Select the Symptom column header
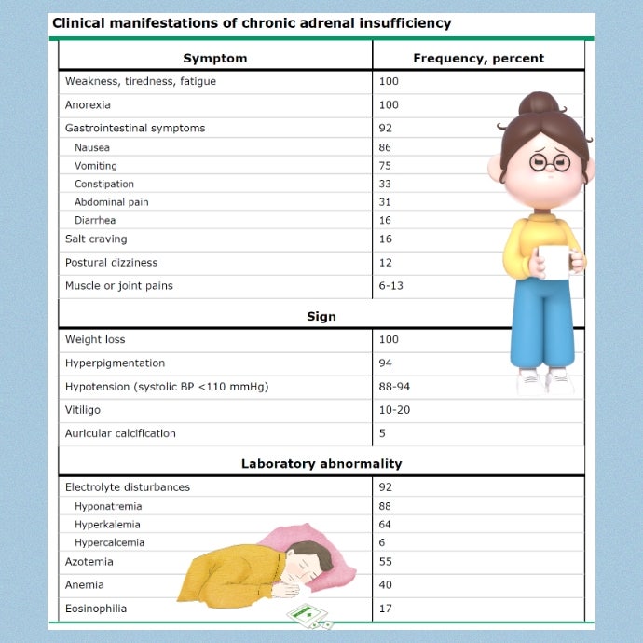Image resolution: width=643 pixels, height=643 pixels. [215, 58]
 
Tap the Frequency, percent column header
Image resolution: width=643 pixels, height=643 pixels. [478, 58]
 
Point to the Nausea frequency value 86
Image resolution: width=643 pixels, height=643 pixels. [385, 147]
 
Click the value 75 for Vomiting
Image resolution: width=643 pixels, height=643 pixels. [385, 166]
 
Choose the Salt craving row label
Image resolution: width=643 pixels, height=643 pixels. [96, 239]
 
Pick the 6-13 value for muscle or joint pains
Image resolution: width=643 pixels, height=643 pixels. [391, 285]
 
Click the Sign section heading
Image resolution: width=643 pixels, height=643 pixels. [321, 317]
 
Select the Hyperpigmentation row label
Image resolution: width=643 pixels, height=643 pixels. [115, 363]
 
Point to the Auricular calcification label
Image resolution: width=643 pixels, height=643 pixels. [120, 433]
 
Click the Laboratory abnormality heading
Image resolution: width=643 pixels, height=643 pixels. [321, 463]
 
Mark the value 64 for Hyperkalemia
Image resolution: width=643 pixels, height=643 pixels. [385, 525]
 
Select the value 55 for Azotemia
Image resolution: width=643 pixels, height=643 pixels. [385, 562]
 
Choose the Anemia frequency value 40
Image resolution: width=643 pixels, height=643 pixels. [385, 585]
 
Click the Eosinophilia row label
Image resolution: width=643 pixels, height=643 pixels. [96, 609]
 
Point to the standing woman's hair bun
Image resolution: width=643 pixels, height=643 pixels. [539, 106]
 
